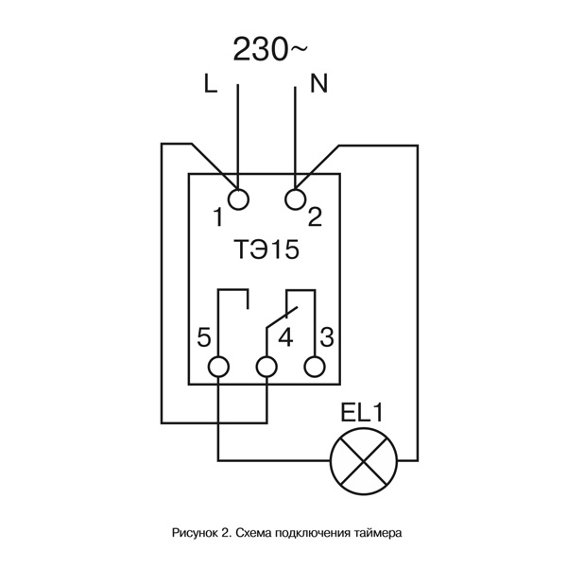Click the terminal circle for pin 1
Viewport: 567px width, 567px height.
pos(238,198)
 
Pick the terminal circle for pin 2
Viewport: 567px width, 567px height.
pos(296,198)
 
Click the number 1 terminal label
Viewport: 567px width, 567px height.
pos(217,218)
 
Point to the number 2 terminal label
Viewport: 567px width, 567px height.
pos(316,217)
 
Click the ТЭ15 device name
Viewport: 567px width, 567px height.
pos(266,251)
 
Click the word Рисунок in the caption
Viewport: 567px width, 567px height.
pos(194,533)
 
